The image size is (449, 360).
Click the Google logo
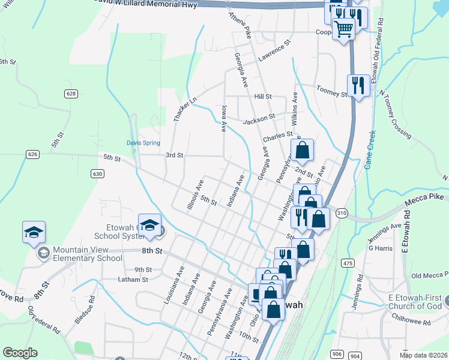(x=20, y=353)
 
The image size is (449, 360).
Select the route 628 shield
(x=71, y=94)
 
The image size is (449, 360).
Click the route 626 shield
(x=33, y=155)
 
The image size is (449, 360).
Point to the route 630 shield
(x=97, y=173)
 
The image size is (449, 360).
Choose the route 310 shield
(x=342, y=213)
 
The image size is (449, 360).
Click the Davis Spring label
(x=143, y=143)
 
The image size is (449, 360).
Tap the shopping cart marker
(x=343, y=28)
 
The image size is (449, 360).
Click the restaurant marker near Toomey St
(x=358, y=86)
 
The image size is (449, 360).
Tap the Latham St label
(x=133, y=280)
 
